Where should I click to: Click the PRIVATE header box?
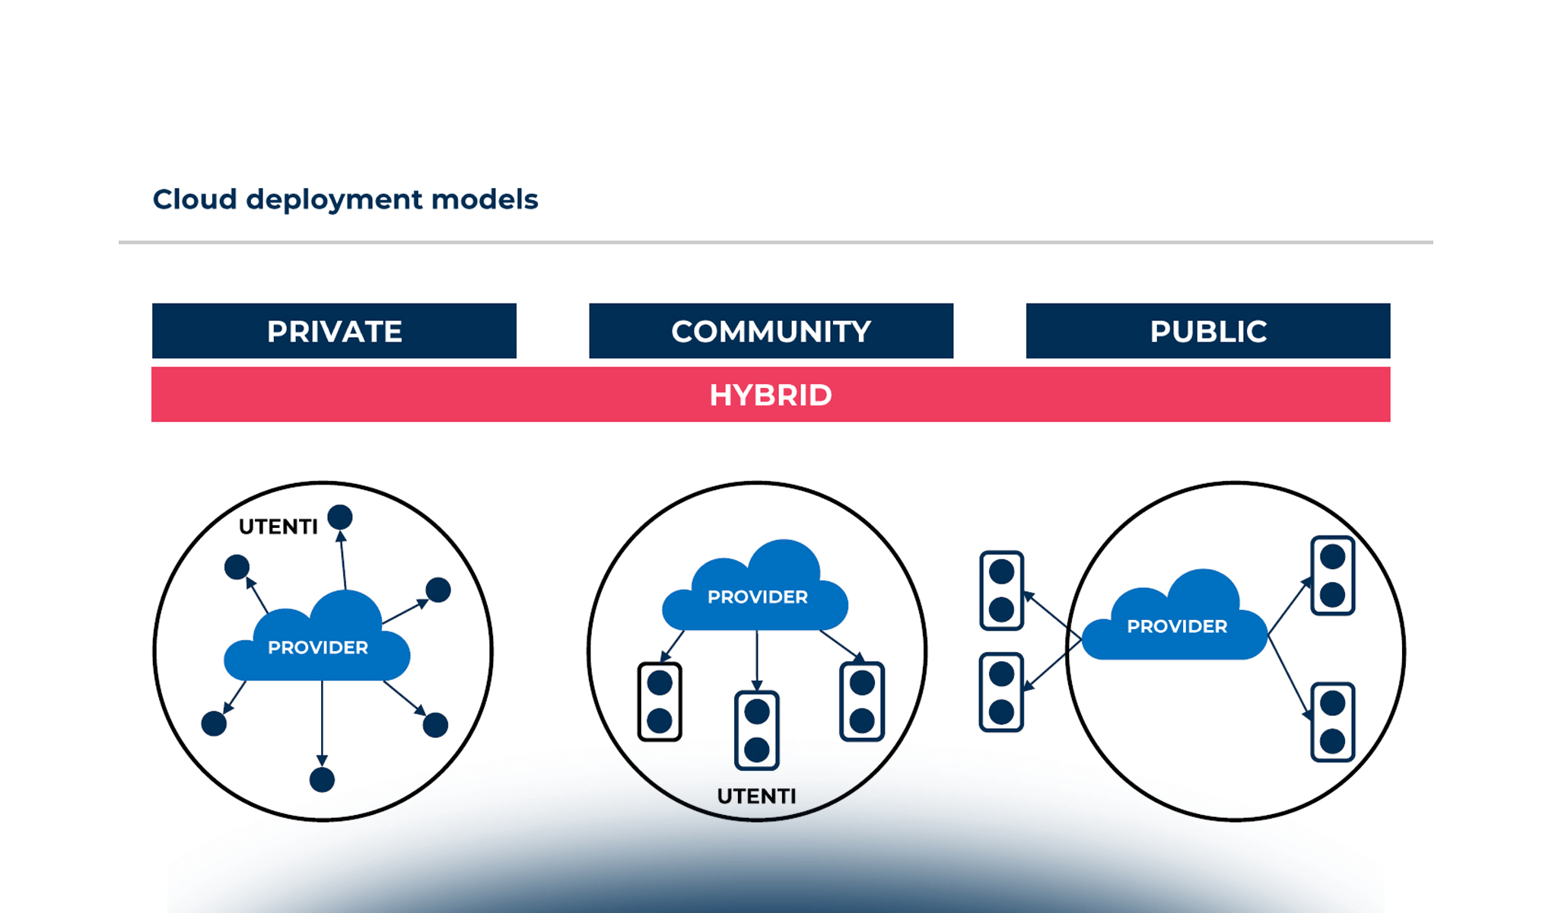[334, 331]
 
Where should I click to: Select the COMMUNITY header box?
[771, 331]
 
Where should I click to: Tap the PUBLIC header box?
[1207, 331]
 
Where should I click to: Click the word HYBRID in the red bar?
[771, 395]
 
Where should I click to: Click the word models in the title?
[485, 199]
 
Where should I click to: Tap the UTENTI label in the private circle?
[278, 526]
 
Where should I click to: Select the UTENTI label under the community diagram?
[756, 796]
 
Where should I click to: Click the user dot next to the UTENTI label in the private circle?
[340, 517]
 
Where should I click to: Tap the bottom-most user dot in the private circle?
[322, 780]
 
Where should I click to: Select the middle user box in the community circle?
[757, 730]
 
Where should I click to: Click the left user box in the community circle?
[660, 701]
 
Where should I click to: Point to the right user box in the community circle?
[862, 701]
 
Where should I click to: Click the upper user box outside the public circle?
[1001, 590]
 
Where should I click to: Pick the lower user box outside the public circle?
[1001, 692]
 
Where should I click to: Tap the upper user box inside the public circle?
[1333, 575]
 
